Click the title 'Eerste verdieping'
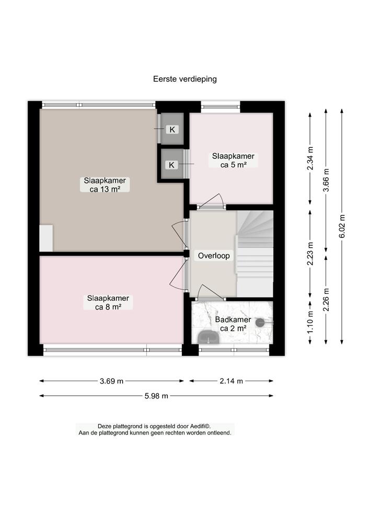pyautogui.click(x=184, y=79)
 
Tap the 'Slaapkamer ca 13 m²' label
pyautogui.click(x=105, y=185)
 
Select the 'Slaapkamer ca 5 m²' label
pyautogui.click(x=233, y=160)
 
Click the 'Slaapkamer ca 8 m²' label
pyautogui.click(x=108, y=303)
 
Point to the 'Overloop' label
pyautogui.click(x=213, y=256)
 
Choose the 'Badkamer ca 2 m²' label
pyautogui.click(x=233, y=324)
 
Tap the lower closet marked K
pyautogui.click(x=172, y=165)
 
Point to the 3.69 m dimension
pyautogui.click(x=111, y=381)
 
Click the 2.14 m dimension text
pyautogui.click(x=231, y=381)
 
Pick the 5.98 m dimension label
pyautogui.click(x=156, y=396)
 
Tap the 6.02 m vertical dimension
pyautogui.click(x=342, y=226)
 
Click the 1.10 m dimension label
pyautogui.click(x=310, y=323)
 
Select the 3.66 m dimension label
pyautogui.click(x=326, y=179)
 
